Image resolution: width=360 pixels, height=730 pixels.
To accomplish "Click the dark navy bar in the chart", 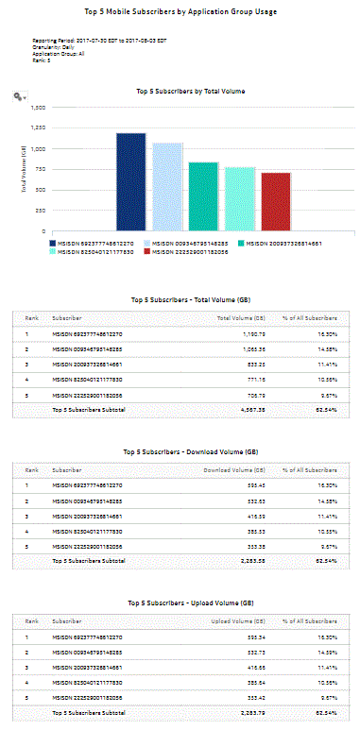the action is point(130,181).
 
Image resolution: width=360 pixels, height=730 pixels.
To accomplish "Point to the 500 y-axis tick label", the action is point(41,190).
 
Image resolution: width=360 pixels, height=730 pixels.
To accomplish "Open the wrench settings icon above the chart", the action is point(18,96).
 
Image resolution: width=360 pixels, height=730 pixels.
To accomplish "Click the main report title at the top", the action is point(179,12).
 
